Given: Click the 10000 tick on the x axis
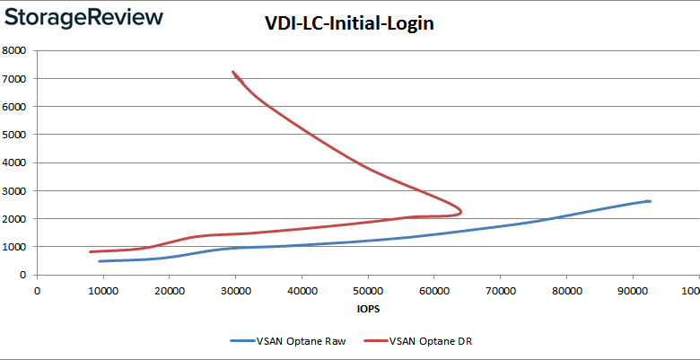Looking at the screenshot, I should coord(103,289).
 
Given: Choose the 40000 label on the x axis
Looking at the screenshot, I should coord(302,289).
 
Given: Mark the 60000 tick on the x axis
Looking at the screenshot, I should coord(433,289).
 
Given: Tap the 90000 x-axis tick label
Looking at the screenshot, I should coord(632,289).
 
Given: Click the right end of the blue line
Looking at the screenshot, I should coord(649,201).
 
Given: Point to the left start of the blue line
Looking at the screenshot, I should coord(100,261).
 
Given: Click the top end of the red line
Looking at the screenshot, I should coord(233,72).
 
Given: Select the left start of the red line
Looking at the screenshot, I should coord(91,251).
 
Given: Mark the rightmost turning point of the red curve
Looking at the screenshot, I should coord(461,212).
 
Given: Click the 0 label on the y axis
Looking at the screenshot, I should coord(27,275).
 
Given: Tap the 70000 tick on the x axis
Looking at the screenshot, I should coord(500,289).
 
